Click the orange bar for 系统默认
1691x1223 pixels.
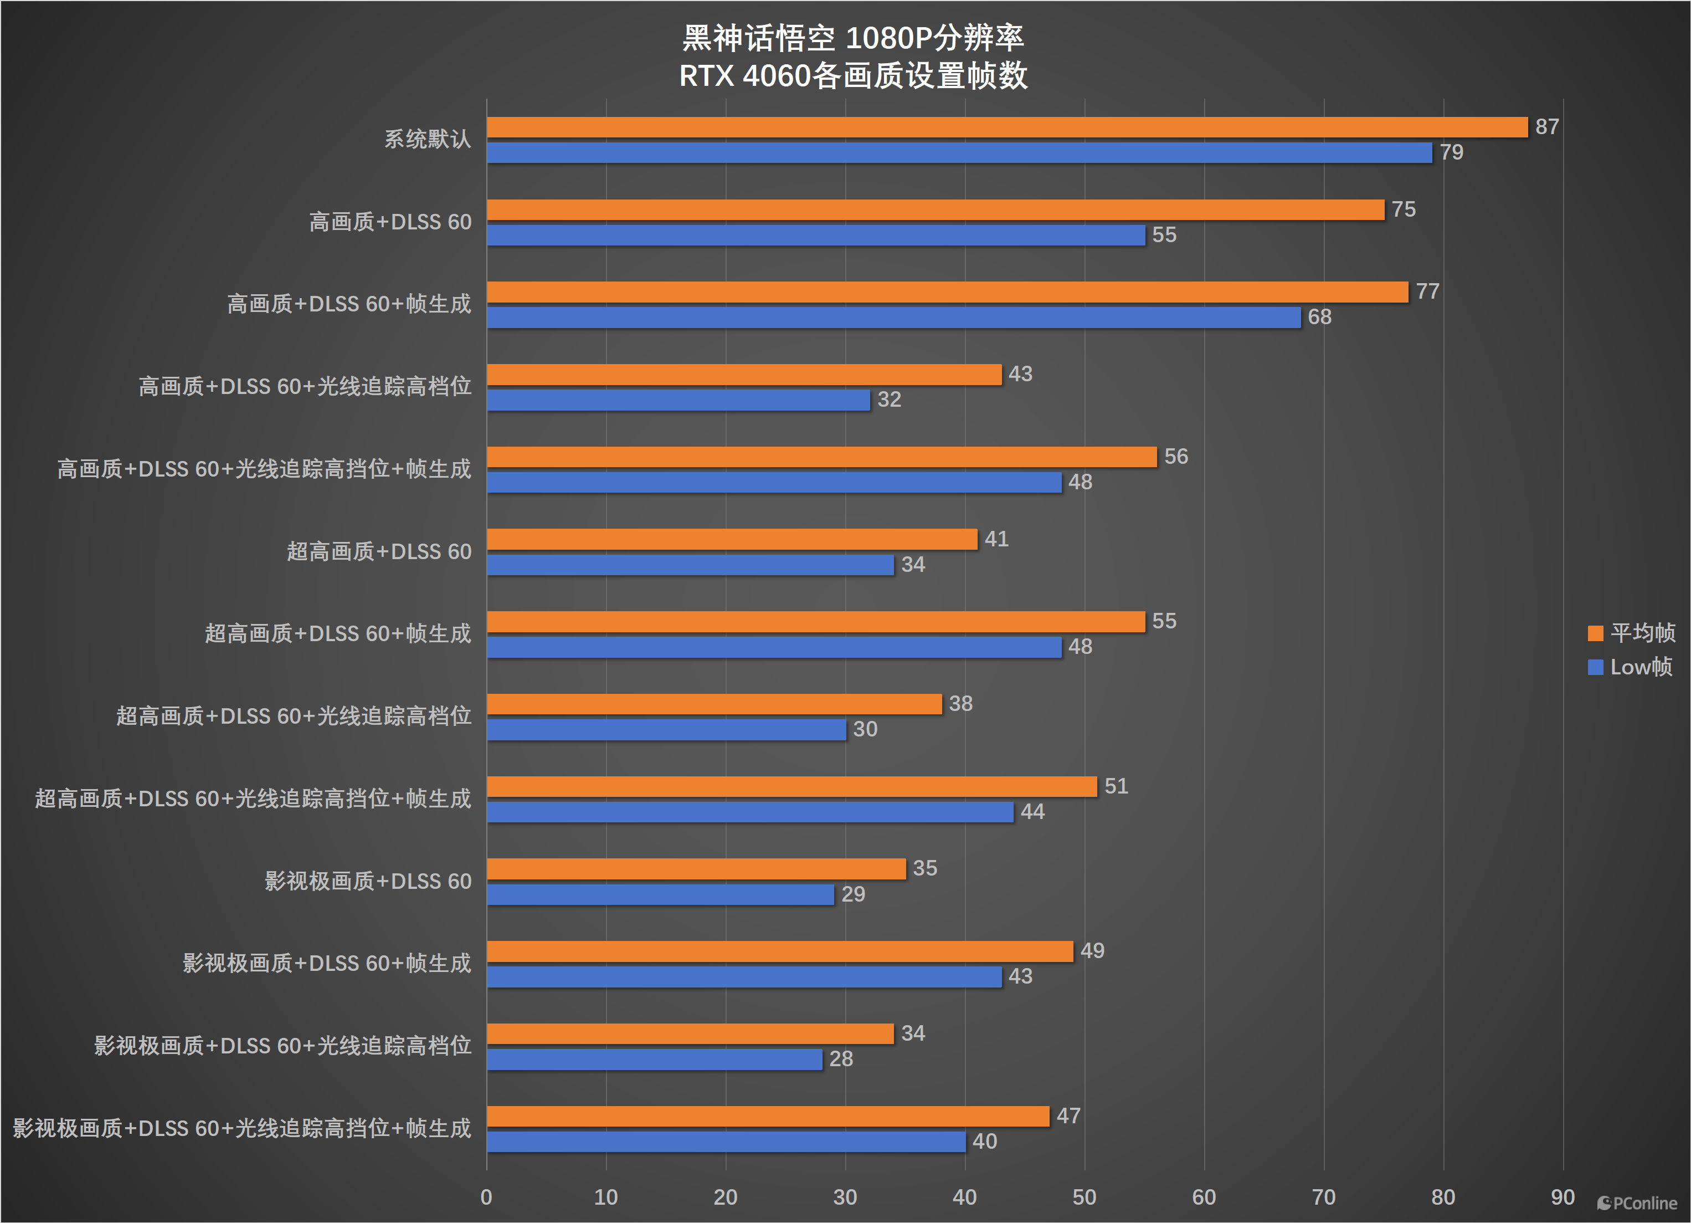pos(1006,127)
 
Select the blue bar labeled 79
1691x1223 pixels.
pos(959,153)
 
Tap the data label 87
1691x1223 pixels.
pos(1546,127)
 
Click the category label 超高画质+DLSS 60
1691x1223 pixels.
pos(379,552)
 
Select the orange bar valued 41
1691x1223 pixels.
pos(732,539)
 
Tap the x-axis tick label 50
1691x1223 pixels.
pos(1084,1198)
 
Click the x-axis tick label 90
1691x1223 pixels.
pos(1562,1198)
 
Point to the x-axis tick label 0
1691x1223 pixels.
pos(486,1198)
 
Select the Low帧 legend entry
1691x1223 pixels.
pos(1630,667)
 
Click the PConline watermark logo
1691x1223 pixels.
pos(1637,1203)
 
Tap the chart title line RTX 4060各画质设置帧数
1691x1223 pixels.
pos(853,76)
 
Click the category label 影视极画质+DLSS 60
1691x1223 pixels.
pos(368,882)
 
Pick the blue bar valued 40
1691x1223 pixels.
pos(726,1142)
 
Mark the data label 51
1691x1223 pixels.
pos(1116,786)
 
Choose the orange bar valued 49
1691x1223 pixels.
pos(779,951)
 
